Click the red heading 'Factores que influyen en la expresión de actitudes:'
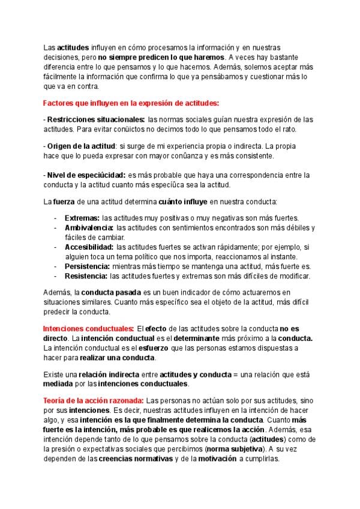pyautogui.click(x=131, y=103)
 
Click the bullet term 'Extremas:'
pyautogui.click(x=82, y=217)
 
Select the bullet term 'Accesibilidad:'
pyautogui.click(x=89, y=247)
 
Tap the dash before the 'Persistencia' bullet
pyautogui.click(x=56, y=266)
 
